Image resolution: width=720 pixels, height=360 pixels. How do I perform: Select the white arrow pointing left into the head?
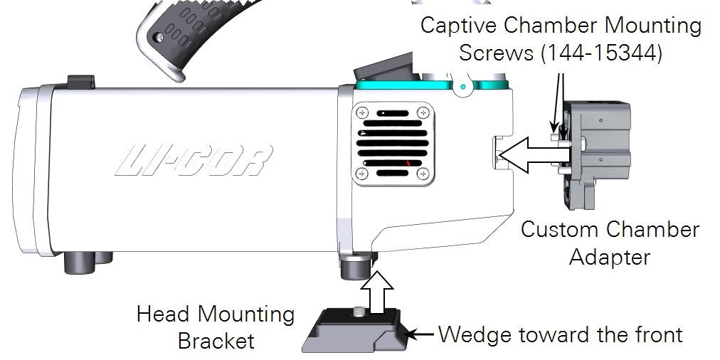point(526,156)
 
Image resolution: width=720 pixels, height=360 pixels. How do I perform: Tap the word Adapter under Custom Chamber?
point(610,256)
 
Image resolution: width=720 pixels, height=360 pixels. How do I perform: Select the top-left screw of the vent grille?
point(363,112)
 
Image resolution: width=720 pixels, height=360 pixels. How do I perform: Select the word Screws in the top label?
point(498,53)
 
